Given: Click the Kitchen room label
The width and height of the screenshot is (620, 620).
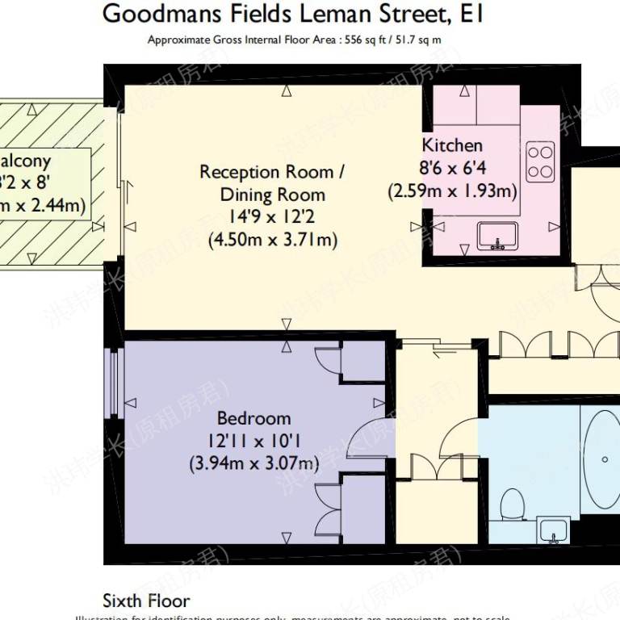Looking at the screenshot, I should coord(452,145).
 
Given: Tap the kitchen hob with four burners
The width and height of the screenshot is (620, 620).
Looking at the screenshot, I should coord(540,161).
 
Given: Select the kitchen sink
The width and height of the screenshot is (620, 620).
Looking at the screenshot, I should coord(496,235).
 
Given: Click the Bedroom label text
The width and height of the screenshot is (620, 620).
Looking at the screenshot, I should coord(253,418).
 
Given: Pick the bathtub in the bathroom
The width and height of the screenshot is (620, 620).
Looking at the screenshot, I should coord(601,460).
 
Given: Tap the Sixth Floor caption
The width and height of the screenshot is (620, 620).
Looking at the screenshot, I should coord(146,601).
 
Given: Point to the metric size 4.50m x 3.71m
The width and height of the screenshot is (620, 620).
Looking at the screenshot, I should coord(272,240).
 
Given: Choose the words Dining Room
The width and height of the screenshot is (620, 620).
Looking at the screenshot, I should coord(272,195).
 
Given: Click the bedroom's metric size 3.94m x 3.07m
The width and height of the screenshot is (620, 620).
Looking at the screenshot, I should coord(253,463).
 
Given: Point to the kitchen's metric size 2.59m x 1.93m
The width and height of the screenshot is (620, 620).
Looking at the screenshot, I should coord(451,191).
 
